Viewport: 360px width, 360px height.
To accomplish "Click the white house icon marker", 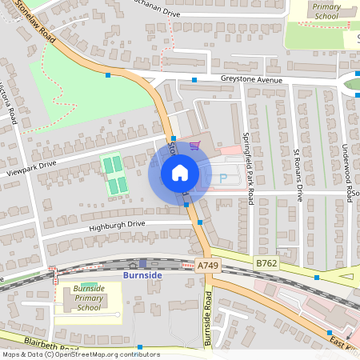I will coord(180,172).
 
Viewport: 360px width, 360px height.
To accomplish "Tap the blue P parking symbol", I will coord(223,179).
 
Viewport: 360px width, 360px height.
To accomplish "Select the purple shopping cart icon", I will coord(194,146).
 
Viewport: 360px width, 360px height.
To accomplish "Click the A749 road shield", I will coord(207,266).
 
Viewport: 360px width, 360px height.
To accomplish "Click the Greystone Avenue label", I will coord(252,80).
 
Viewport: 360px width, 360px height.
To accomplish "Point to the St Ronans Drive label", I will coord(298,174).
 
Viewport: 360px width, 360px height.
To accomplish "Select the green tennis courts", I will coord(115,174).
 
